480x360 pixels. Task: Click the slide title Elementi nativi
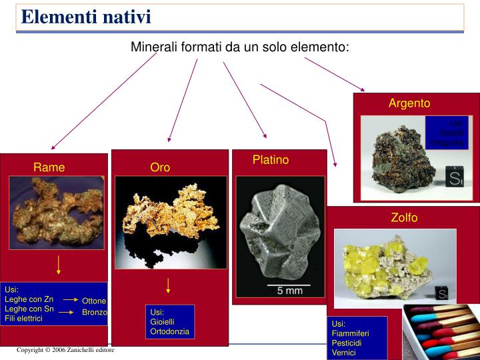(x=86, y=17)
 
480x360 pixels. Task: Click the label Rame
(x=49, y=167)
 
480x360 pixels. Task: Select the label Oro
(x=160, y=167)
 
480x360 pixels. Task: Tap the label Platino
(x=271, y=159)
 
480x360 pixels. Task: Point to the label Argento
(x=409, y=103)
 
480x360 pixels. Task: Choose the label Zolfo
(x=404, y=217)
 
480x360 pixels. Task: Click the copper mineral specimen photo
(x=57, y=211)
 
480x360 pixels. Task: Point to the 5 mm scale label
(x=289, y=291)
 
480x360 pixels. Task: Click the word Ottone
(x=94, y=301)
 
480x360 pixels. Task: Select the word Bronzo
(x=94, y=312)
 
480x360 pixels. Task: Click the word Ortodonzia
(x=170, y=331)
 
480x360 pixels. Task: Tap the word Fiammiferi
(x=350, y=333)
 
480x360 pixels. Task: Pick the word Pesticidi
(x=347, y=343)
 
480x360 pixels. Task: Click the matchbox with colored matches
(x=440, y=332)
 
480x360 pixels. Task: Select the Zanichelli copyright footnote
(x=65, y=350)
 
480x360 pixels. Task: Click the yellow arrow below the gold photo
(x=168, y=285)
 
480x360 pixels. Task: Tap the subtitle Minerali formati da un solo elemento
(x=240, y=47)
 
